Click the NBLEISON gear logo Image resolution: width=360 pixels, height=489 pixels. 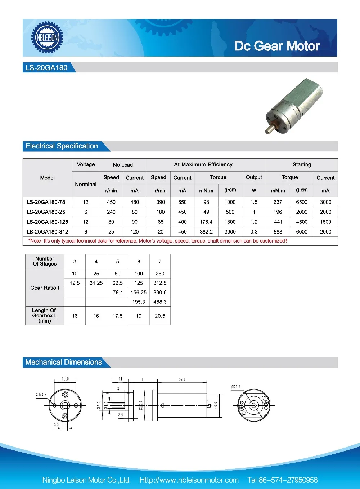tap(47, 37)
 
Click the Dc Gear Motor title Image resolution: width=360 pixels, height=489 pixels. tap(277, 46)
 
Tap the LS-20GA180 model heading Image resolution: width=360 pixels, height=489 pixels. tap(46, 68)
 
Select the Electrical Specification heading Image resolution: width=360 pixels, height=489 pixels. tap(62, 146)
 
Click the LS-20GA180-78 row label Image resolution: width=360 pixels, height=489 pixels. tap(46, 202)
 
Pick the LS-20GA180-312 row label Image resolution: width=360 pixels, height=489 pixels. tap(47, 232)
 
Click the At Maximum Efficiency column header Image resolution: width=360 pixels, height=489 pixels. tap(203, 165)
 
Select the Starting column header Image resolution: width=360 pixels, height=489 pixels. tap(302, 165)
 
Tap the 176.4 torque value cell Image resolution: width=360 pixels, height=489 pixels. tap(206, 222)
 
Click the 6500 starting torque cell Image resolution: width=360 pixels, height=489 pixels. tap(302, 202)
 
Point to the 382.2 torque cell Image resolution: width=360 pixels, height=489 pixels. tap(206, 232)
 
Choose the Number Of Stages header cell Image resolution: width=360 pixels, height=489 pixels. tap(45, 261)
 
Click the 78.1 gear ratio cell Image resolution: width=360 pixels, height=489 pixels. tap(117, 293)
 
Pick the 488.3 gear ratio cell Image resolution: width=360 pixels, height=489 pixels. tap(160, 302)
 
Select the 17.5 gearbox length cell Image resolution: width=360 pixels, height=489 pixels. tap(117, 316)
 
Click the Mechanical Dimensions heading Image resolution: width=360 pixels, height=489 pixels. tap(63, 363)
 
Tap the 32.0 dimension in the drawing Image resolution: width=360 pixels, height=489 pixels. tap(182, 379)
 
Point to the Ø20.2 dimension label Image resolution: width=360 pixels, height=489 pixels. tap(236, 387)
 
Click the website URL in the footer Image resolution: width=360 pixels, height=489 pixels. tap(189, 480)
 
